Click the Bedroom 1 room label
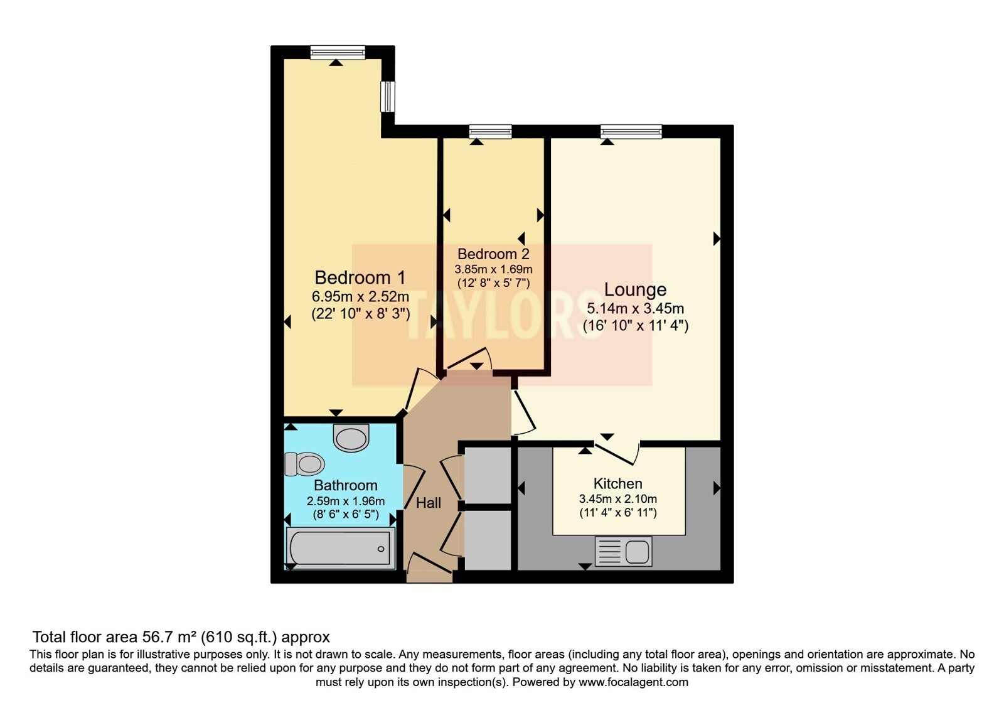pyautogui.click(x=360, y=277)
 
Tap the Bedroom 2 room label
pyautogui.click(x=493, y=254)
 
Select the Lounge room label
pyautogui.click(x=635, y=289)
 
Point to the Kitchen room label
pyautogui.click(x=617, y=484)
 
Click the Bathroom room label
pyautogui.click(x=346, y=486)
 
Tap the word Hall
pyautogui.click(x=429, y=503)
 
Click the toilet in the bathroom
pyautogui.click(x=304, y=464)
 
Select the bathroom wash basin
pyautogui.click(x=351, y=437)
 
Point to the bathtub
pyautogui.click(x=341, y=548)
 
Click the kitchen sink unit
pyautogui.click(x=624, y=551)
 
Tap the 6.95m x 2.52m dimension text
pyautogui.click(x=360, y=297)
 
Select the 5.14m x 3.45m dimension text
pyautogui.click(x=635, y=308)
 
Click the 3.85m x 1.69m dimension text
pyautogui.click(x=493, y=269)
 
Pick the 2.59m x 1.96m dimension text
pyautogui.click(x=346, y=501)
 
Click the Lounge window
pyautogui.click(x=631, y=131)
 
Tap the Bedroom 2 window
pyautogui.click(x=490, y=131)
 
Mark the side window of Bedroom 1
pyautogui.click(x=388, y=97)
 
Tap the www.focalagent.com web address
pyautogui.click(x=633, y=682)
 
